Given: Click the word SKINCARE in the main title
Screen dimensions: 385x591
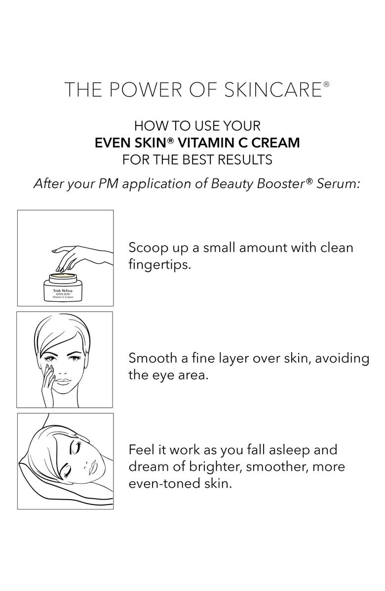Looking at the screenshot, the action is click(x=273, y=90).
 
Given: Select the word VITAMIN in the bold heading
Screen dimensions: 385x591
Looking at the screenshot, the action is click(x=200, y=143).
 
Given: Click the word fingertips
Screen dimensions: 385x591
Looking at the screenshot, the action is click(x=160, y=264).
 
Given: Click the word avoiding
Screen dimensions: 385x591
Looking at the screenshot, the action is click(x=342, y=359).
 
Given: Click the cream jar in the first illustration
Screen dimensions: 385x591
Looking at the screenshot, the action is click(x=58, y=287).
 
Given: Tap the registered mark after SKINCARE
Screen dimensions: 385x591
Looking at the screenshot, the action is click(x=326, y=84).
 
